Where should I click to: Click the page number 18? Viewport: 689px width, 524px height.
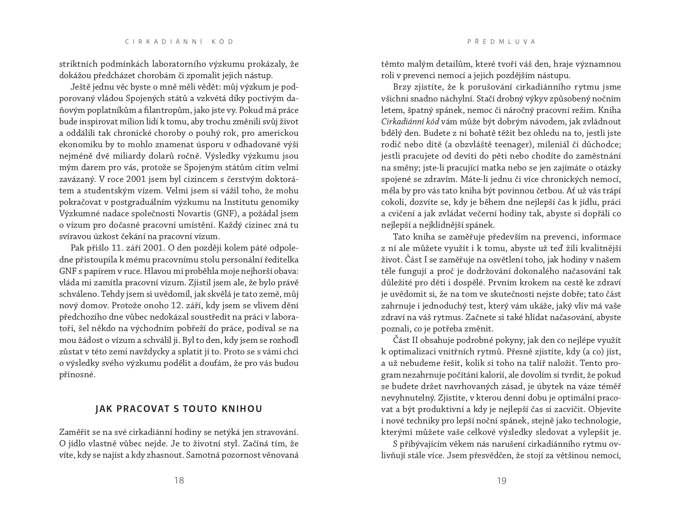pos(179,480)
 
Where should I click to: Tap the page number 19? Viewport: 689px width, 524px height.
pos(501,480)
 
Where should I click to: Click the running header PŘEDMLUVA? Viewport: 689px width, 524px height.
pos(501,42)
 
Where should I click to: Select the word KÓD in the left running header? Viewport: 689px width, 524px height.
pos(225,42)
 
